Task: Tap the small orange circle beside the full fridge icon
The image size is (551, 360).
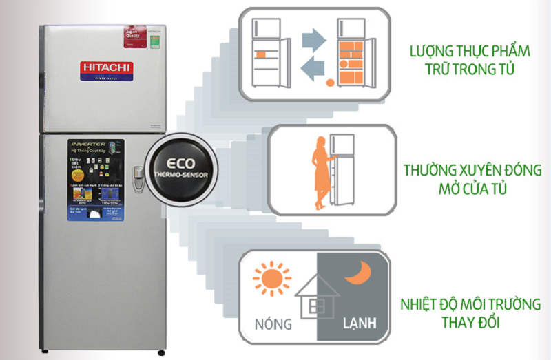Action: click(329, 83)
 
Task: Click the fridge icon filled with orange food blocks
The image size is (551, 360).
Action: click(353, 55)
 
